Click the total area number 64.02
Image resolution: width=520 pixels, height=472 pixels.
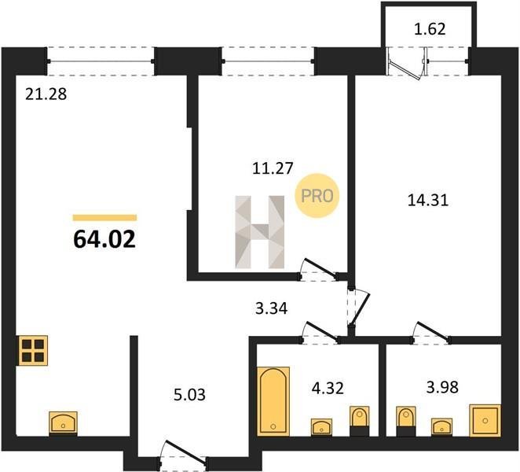(104, 239)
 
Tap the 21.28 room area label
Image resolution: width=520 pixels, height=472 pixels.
(46, 94)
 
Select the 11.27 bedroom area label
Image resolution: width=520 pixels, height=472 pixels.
(273, 168)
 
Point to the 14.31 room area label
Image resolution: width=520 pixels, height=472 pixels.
(428, 201)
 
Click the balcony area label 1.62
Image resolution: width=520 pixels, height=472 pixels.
(430, 29)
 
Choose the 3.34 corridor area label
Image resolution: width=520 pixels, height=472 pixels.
(272, 308)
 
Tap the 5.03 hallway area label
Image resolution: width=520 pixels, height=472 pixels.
(189, 395)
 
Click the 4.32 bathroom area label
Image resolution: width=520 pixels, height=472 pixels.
(328, 388)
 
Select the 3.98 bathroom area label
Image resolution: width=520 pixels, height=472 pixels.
(442, 387)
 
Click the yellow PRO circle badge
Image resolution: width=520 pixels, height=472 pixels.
(317, 196)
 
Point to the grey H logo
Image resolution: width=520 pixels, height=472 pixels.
(260, 232)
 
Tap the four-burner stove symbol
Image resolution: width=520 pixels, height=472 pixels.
(33, 351)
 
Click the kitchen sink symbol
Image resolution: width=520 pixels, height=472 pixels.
(64, 422)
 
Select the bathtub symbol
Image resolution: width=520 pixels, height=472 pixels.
(273, 401)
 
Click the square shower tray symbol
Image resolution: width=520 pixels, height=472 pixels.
(485, 420)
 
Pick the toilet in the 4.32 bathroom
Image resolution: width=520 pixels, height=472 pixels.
(360, 421)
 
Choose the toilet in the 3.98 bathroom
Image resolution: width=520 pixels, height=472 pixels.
(406, 421)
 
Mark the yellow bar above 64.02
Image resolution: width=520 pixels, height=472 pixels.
(104, 218)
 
